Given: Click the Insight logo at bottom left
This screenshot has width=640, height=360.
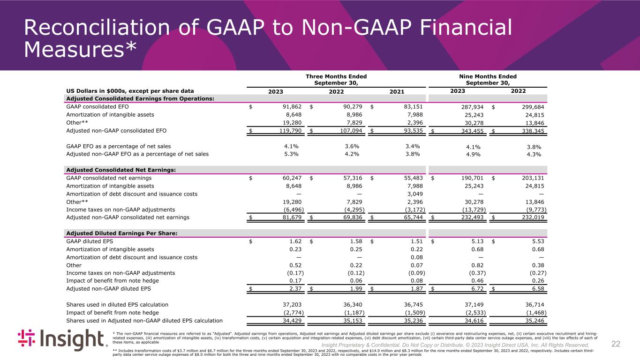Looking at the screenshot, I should pos(63,340).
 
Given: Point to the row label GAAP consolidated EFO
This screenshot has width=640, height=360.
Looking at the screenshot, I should pos(98,106).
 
